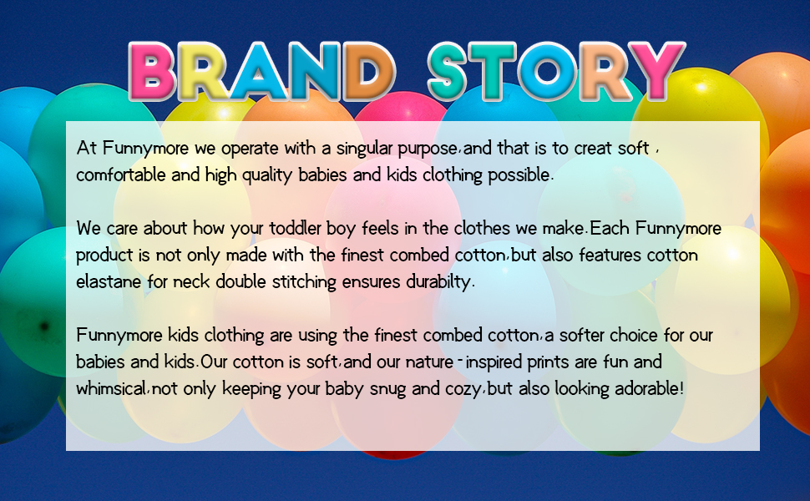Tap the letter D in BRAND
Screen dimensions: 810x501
coord(367,71)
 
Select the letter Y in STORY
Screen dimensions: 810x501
coord(658,71)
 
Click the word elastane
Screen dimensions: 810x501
coord(109,281)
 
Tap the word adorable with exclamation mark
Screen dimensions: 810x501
coord(650,388)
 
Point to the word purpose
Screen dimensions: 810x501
coord(428,149)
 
